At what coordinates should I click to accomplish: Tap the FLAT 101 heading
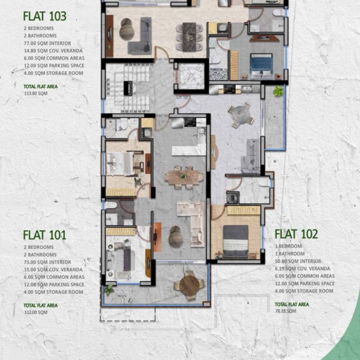point(44,235)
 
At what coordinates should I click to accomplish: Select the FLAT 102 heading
point(296,234)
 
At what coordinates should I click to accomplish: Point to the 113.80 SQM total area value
point(36,92)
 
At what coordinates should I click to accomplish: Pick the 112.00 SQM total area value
point(36,311)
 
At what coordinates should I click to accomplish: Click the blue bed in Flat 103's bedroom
point(261,64)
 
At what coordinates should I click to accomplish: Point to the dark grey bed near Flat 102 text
point(235,241)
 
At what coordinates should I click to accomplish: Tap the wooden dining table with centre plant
point(184,176)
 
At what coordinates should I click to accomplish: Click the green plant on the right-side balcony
point(277,92)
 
